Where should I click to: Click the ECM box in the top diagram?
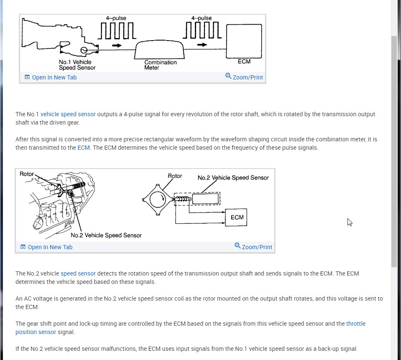244,41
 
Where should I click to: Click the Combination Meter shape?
159,50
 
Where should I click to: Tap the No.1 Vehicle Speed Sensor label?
77,65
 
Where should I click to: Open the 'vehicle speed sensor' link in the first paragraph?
68,114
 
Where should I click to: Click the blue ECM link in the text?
84,148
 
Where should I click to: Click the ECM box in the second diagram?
237,217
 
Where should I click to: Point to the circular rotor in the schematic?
158,200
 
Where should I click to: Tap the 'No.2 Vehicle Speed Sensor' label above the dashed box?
233,178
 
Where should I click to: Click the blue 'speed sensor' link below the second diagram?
78,273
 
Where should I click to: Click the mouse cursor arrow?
350,222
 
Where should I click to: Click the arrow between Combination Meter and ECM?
202,45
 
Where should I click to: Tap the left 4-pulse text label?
116,18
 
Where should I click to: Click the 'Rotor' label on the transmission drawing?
27,174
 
